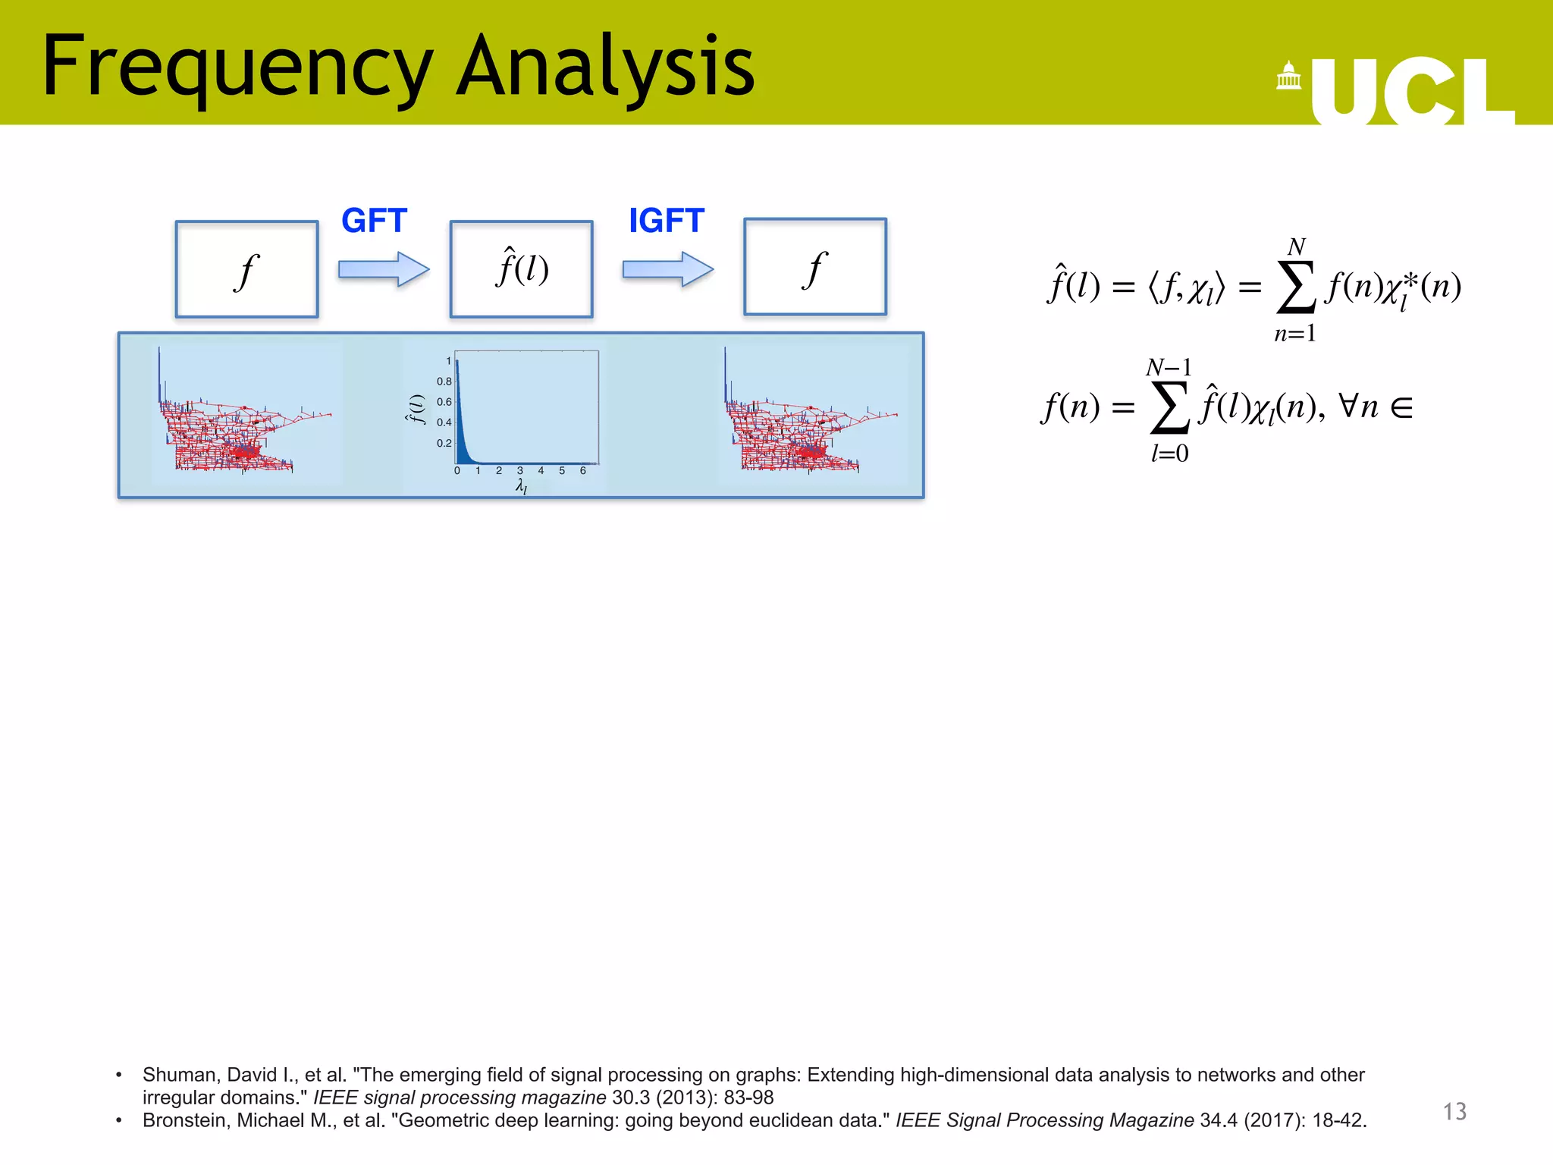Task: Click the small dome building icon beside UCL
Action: [x=1288, y=77]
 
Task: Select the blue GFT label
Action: [x=374, y=221]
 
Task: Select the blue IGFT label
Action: [x=666, y=221]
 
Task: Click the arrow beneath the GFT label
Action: [x=384, y=269]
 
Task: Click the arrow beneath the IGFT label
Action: [x=667, y=269]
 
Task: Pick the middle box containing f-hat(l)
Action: [x=521, y=269]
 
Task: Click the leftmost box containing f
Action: [x=246, y=269]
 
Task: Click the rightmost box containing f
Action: [x=814, y=267]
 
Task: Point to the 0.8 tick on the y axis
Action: [x=444, y=382]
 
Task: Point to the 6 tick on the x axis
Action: [x=582, y=471]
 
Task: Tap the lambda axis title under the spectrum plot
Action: [x=521, y=486]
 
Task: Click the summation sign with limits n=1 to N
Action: [x=1295, y=289]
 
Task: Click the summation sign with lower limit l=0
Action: [x=1169, y=410]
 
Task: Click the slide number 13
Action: [x=1454, y=1112]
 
